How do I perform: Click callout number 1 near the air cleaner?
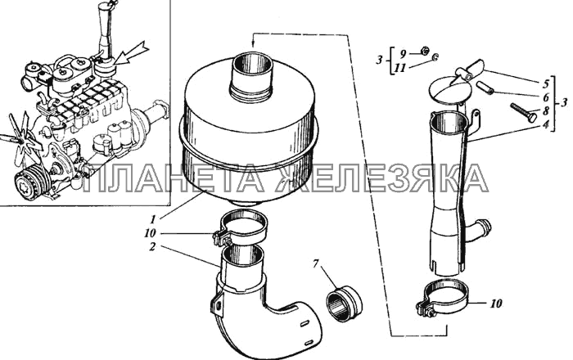click(x=154, y=219)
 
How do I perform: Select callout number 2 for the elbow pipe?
click(x=152, y=247)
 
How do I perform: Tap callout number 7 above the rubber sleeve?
click(x=316, y=263)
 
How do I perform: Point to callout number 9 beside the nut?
click(x=403, y=54)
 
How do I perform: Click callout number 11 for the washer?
click(x=400, y=68)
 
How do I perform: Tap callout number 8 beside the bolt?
click(x=546, y=110)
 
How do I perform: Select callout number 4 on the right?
click(x=546, y=124)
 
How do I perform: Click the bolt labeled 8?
click(x=524, y=112)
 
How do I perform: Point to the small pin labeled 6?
click(x=485, y=88)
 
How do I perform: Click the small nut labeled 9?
click(x=424, y=51)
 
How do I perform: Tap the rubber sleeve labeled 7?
click(x=344, y=304)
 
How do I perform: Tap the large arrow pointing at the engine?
click(x=132, y=56)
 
